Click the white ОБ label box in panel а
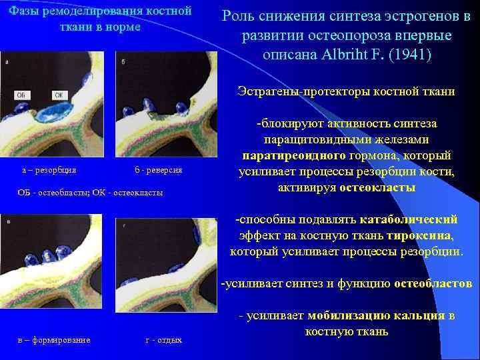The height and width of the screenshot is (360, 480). click(20, 95)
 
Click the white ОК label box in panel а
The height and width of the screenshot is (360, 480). click(59, 95)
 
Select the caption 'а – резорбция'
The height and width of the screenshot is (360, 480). click(49, 170)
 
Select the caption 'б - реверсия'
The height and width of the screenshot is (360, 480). click(158, 170)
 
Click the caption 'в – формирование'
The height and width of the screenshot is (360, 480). click(53, 339)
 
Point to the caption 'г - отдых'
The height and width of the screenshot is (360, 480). click(163, 339)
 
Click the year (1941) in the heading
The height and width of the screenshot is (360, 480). click(411, 54)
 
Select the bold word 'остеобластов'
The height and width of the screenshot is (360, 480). click(433, 284)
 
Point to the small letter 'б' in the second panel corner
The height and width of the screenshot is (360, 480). click(124, 62)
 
